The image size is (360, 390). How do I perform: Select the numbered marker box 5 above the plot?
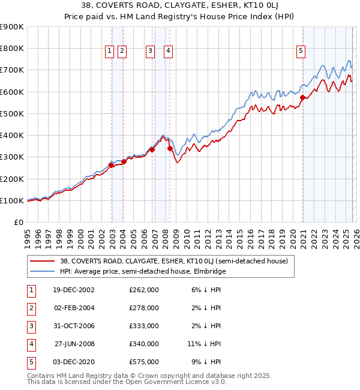(x=300, y=52)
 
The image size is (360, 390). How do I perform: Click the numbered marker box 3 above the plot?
(x=150, y=52)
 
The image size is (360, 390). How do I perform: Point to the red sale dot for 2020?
(x=303, y=98)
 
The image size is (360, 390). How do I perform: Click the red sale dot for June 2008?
(x=170, y=148)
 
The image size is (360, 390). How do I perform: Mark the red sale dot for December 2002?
(x=112, y=165)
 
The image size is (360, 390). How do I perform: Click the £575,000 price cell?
(x=143, y=362)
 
